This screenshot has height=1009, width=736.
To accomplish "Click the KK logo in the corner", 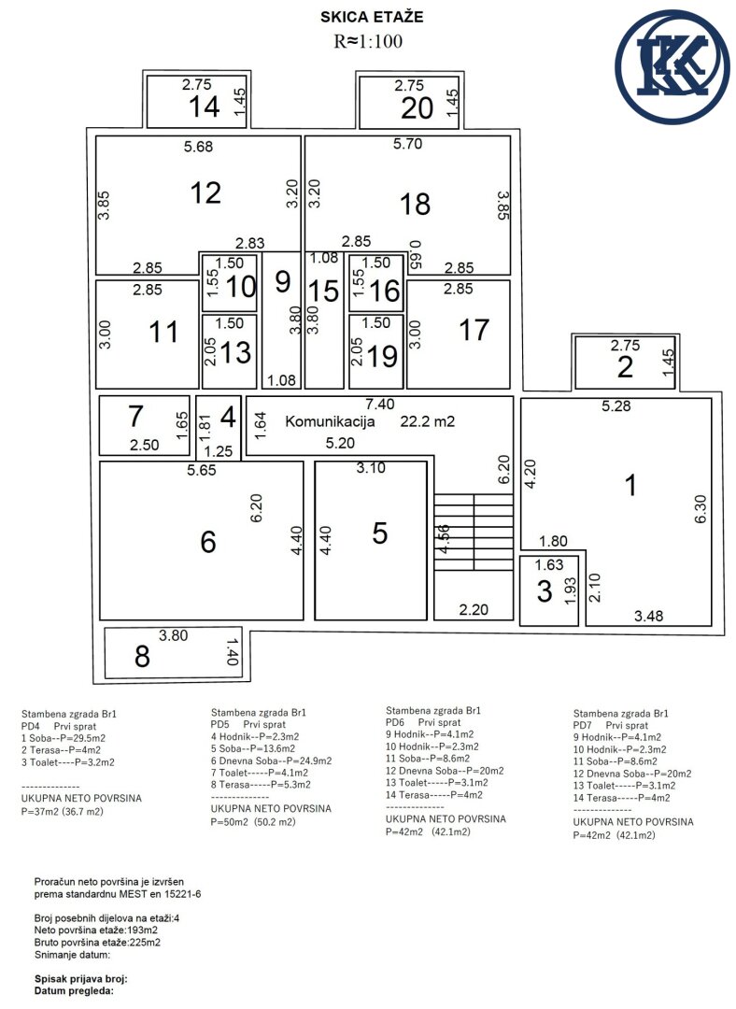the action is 672,67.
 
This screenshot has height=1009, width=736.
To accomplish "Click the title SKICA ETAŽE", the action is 372,18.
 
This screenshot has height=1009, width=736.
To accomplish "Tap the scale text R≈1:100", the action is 368,41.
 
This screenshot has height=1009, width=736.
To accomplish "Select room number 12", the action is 205,193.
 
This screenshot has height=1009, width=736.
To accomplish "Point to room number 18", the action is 415,205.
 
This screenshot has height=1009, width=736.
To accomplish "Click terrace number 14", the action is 205,107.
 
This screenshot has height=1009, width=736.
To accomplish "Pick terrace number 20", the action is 417,108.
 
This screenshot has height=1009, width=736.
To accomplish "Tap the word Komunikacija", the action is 330,422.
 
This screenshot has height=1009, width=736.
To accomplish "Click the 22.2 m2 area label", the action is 427,421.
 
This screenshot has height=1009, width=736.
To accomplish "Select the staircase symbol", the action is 474,533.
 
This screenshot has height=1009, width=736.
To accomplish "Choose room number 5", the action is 380,533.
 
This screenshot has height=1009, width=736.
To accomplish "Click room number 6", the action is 207,542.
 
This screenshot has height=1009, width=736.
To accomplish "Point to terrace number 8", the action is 142,657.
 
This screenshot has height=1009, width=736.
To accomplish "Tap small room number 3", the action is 545,591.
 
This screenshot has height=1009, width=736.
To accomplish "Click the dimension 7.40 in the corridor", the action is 379,405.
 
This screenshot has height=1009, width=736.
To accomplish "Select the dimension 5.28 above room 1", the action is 616,406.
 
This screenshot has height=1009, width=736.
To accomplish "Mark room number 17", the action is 474,330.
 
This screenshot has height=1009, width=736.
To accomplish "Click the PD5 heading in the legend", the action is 221,724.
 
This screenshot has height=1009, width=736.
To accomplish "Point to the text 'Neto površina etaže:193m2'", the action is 96,930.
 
